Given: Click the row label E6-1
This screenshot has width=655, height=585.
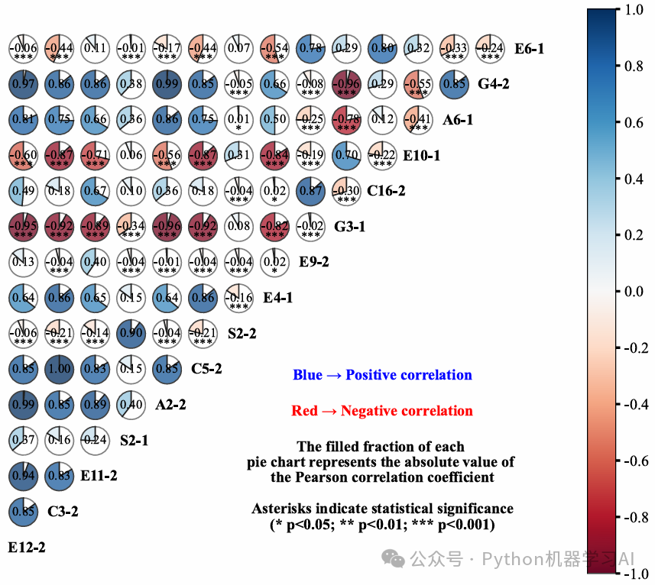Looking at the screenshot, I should pos(529,49).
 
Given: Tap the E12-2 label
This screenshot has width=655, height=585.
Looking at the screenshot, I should pos(27,547).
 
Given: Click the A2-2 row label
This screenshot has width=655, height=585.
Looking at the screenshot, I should pos(170,405).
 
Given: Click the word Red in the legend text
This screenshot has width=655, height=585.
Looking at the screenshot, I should pos(304,411).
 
